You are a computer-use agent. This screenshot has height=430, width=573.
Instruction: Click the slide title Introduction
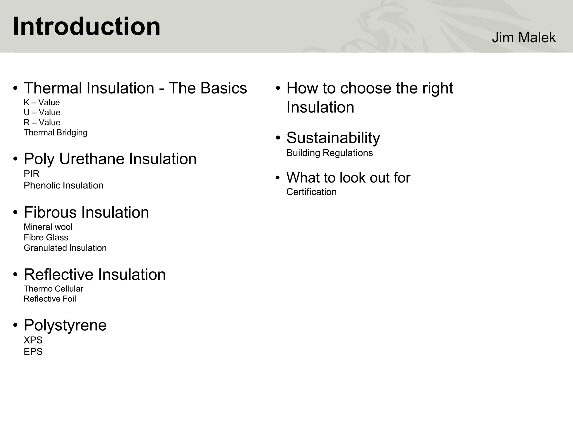click(86, 26)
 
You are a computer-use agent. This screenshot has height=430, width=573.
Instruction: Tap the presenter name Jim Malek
click(523, 38)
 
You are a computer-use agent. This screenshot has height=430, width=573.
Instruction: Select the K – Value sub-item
click(42, 102)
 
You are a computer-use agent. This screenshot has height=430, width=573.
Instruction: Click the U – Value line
click(42, 113)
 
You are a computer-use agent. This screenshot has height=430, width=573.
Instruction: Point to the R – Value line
click(42, 123)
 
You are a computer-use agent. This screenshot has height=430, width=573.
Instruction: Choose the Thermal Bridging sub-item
click(55, 133)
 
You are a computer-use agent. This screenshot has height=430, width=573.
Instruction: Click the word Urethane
click(92, 159)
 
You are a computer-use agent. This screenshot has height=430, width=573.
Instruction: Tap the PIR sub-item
click(31, 174)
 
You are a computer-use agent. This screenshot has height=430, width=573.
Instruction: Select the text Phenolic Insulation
click(64, 185)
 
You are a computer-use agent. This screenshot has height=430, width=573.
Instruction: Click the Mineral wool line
click(48, 227)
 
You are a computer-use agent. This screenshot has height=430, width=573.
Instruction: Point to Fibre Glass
click(46, 237)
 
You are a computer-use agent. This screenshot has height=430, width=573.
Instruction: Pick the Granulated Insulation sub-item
click(65, 248)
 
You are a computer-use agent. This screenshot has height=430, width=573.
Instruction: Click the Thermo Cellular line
click(53, 289)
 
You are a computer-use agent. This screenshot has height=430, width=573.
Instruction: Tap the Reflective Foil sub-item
click(50, 299)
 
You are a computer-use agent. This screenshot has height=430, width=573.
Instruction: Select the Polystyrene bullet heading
click(65, 325)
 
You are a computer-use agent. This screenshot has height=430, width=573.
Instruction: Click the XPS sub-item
click(33, 340)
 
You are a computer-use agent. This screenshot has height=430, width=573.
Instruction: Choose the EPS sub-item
click(33, 352)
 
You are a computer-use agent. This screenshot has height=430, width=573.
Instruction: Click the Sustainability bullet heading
click(333, 138)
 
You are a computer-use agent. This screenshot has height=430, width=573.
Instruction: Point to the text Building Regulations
click(329, 153)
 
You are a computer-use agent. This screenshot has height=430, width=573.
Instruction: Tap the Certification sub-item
click(311, 192)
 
